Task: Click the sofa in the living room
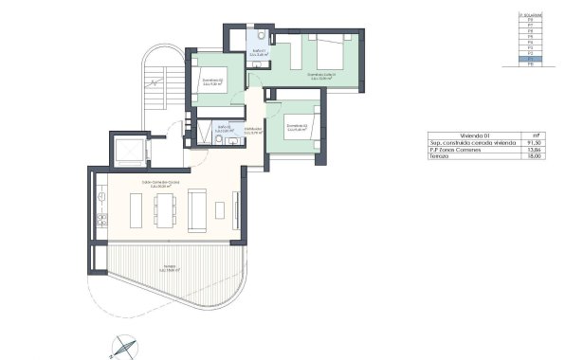coord(199,210)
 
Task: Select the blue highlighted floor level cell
coord(531,59)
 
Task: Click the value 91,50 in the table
coord(537,142)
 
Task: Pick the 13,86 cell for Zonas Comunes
coord(537,150)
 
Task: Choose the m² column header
coord(537,135)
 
